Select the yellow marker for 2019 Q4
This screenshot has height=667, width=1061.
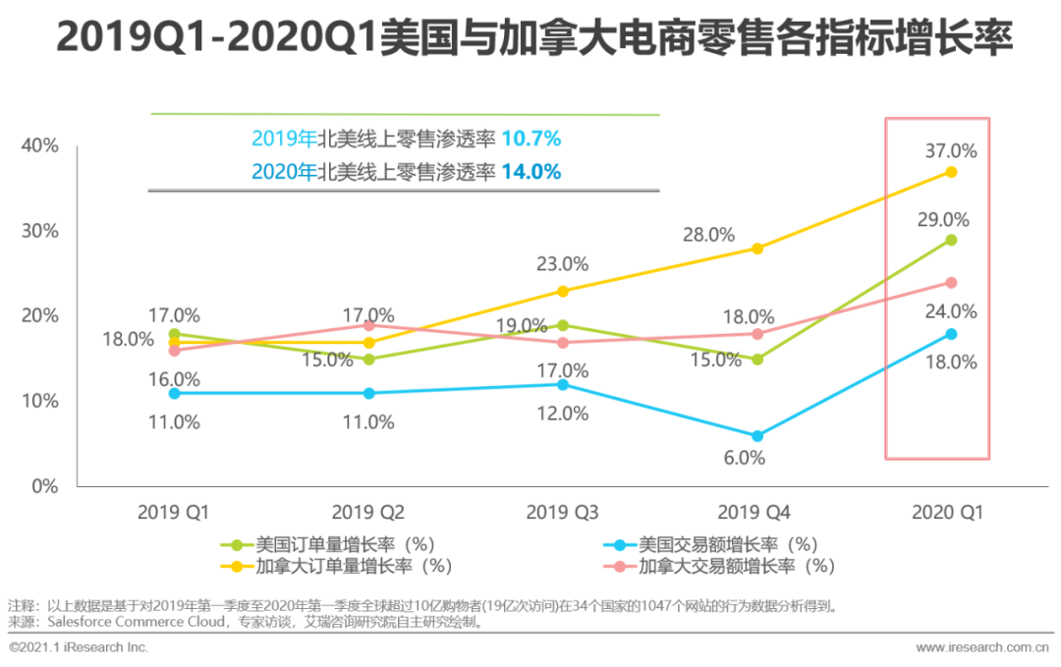click(x=756, y=249)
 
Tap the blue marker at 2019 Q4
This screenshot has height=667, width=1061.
click(x=756, y=436)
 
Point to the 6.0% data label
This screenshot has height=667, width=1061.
click(x=745, y=457)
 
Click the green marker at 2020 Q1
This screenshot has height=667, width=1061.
click(x=951, y=240)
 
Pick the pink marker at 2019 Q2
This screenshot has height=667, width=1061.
click(x=368, y=325)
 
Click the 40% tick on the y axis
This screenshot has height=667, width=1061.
click(x=39, y=145)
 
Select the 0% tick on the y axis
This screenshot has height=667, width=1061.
click(x=44, y=485)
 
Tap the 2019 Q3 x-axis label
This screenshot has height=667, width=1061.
click(x=562, y=512)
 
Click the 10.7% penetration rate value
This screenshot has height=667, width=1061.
click(x=530, y=139)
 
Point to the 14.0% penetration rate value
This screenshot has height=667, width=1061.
click(x=530, y=172)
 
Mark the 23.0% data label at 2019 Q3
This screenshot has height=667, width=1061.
click(x=562, y=263)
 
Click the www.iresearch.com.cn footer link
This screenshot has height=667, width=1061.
click(x=981, y=647)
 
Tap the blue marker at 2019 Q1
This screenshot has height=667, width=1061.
click(x=174, y=393)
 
